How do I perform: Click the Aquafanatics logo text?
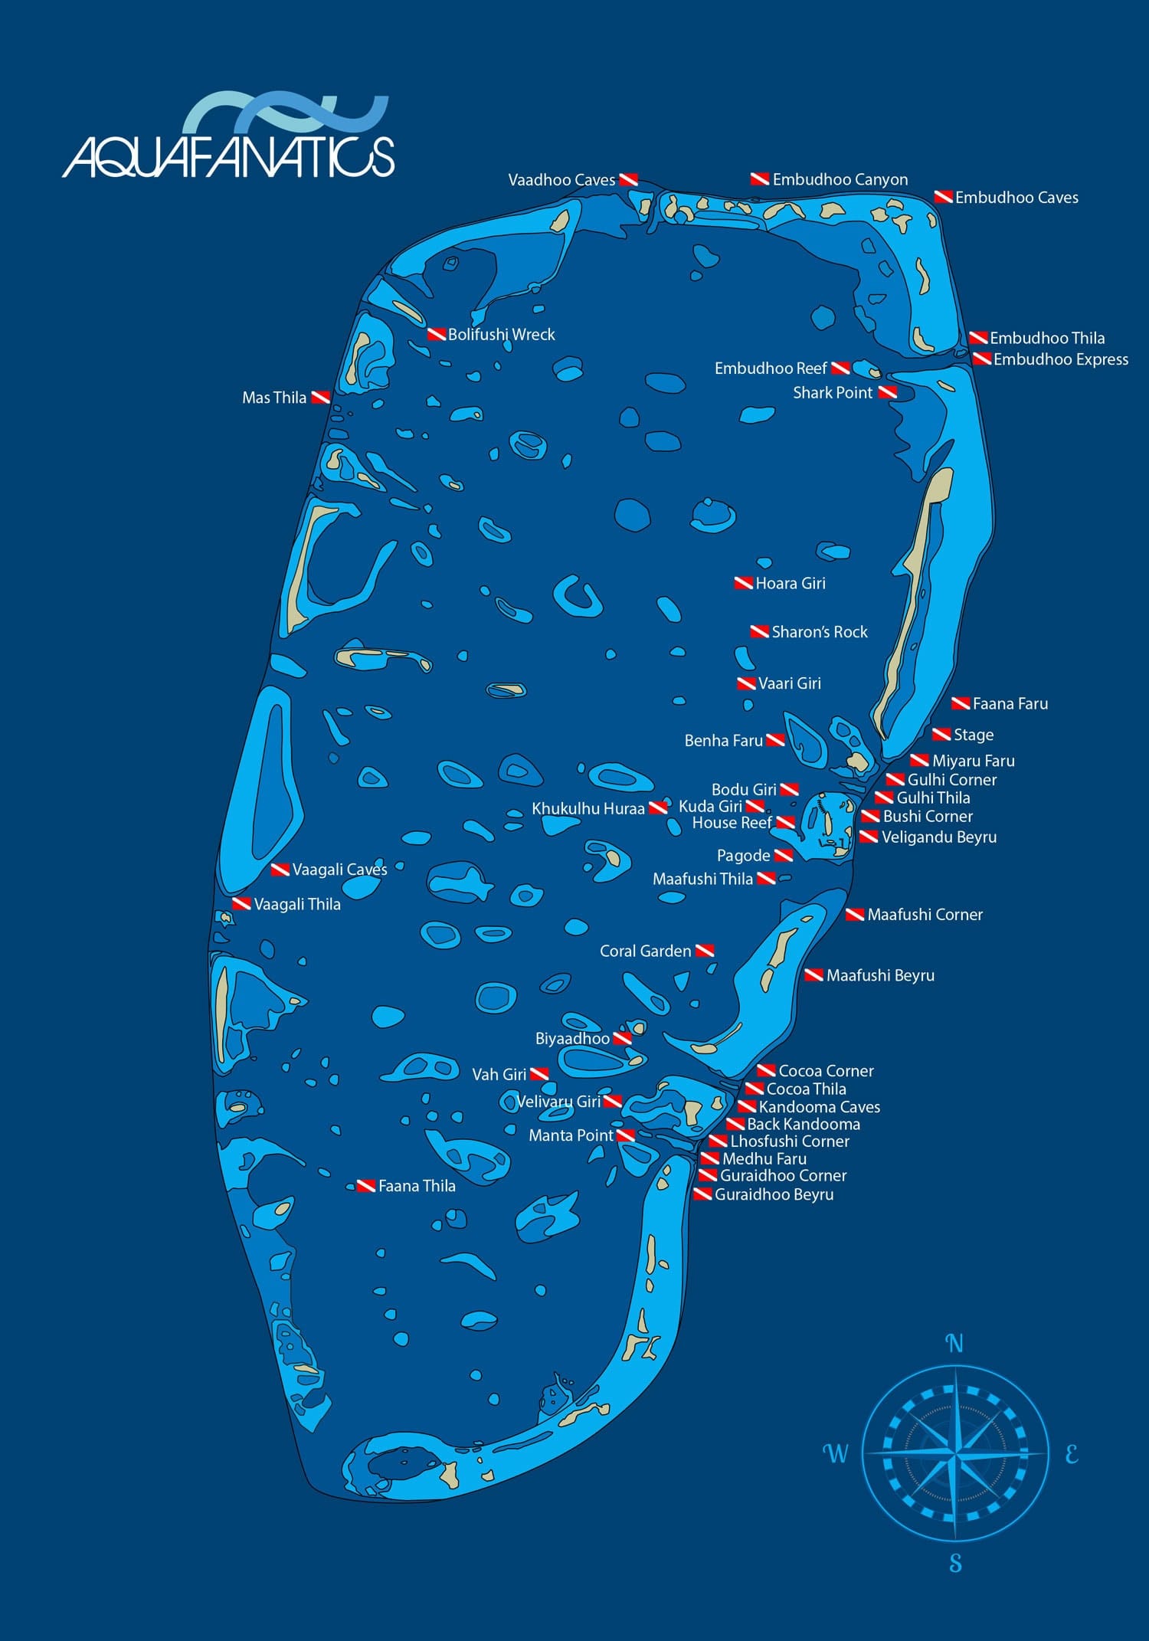pos(228,157)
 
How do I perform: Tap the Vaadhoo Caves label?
pos(561,180)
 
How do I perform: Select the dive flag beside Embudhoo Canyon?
pos(759,179)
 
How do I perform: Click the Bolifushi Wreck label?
pos(501,335)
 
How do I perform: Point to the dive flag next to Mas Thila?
pos(320,398)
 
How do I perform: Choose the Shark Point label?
pos(832,393)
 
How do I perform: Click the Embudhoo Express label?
pos(1060,359)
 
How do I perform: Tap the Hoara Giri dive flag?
pos(743,583)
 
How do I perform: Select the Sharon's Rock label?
pos(819,632)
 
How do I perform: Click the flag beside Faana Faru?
pos(961,703)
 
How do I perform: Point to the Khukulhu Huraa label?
pos(588,809)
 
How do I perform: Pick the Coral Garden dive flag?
pos(705,951)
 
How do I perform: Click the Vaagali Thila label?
pos(296,905)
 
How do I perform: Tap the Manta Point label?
pos(571,1135)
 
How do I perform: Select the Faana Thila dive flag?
pos(366,1186)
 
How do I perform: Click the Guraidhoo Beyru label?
pos(774,1194)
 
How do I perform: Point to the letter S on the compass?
pos(955,1563)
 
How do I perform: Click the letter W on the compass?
pos(836,1453)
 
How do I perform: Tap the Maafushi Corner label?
pos(925,915)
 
